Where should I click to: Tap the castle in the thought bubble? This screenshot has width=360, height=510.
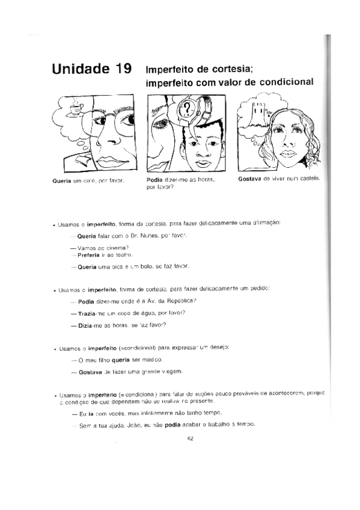[x=260, y=111]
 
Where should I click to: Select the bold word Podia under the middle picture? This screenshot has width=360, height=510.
[x=156, y=180]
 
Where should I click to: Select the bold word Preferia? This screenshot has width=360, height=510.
[x=89, y=254]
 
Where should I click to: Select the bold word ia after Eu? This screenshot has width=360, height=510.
[x=91, y=414]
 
